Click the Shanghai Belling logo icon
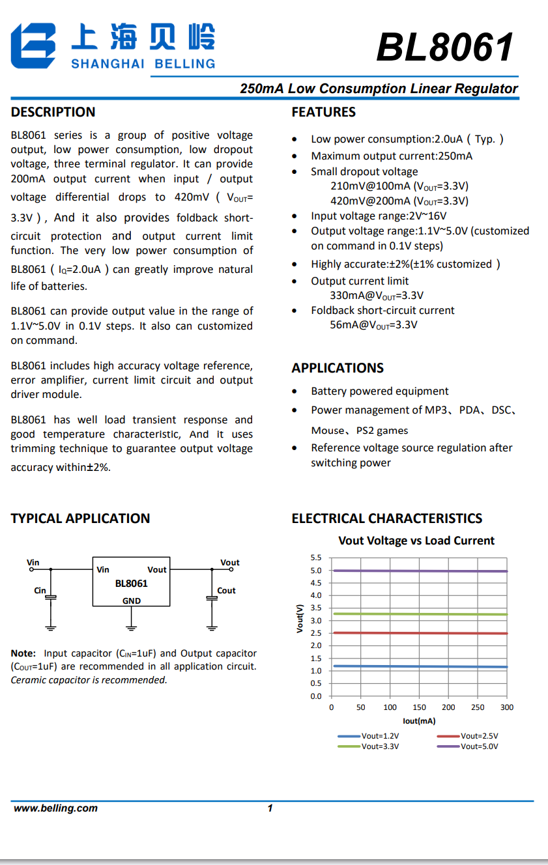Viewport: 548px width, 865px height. tap(33, 46)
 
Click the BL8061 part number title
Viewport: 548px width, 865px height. tap(445, 48)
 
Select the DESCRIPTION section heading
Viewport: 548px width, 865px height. tap(53, 112)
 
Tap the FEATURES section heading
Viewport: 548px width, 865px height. tap(323, 112)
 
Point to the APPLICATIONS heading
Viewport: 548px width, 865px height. tap(338, 368)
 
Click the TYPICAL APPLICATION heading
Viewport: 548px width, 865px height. tap(80, 518)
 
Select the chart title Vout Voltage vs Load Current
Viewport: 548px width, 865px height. tap(416, 541)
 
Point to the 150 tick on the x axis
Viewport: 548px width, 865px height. tap(420, 707)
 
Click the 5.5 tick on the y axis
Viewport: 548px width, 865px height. tap(316, 558)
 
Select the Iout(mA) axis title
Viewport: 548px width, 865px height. tap(419, 721)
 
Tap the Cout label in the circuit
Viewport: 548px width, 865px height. tap(226, 591)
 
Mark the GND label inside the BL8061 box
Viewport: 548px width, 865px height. tap(132, 601)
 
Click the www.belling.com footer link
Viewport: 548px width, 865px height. tap(55, 808)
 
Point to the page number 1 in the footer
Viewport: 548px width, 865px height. tap(270, 808)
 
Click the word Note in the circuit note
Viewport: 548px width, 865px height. tap(23, 653)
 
